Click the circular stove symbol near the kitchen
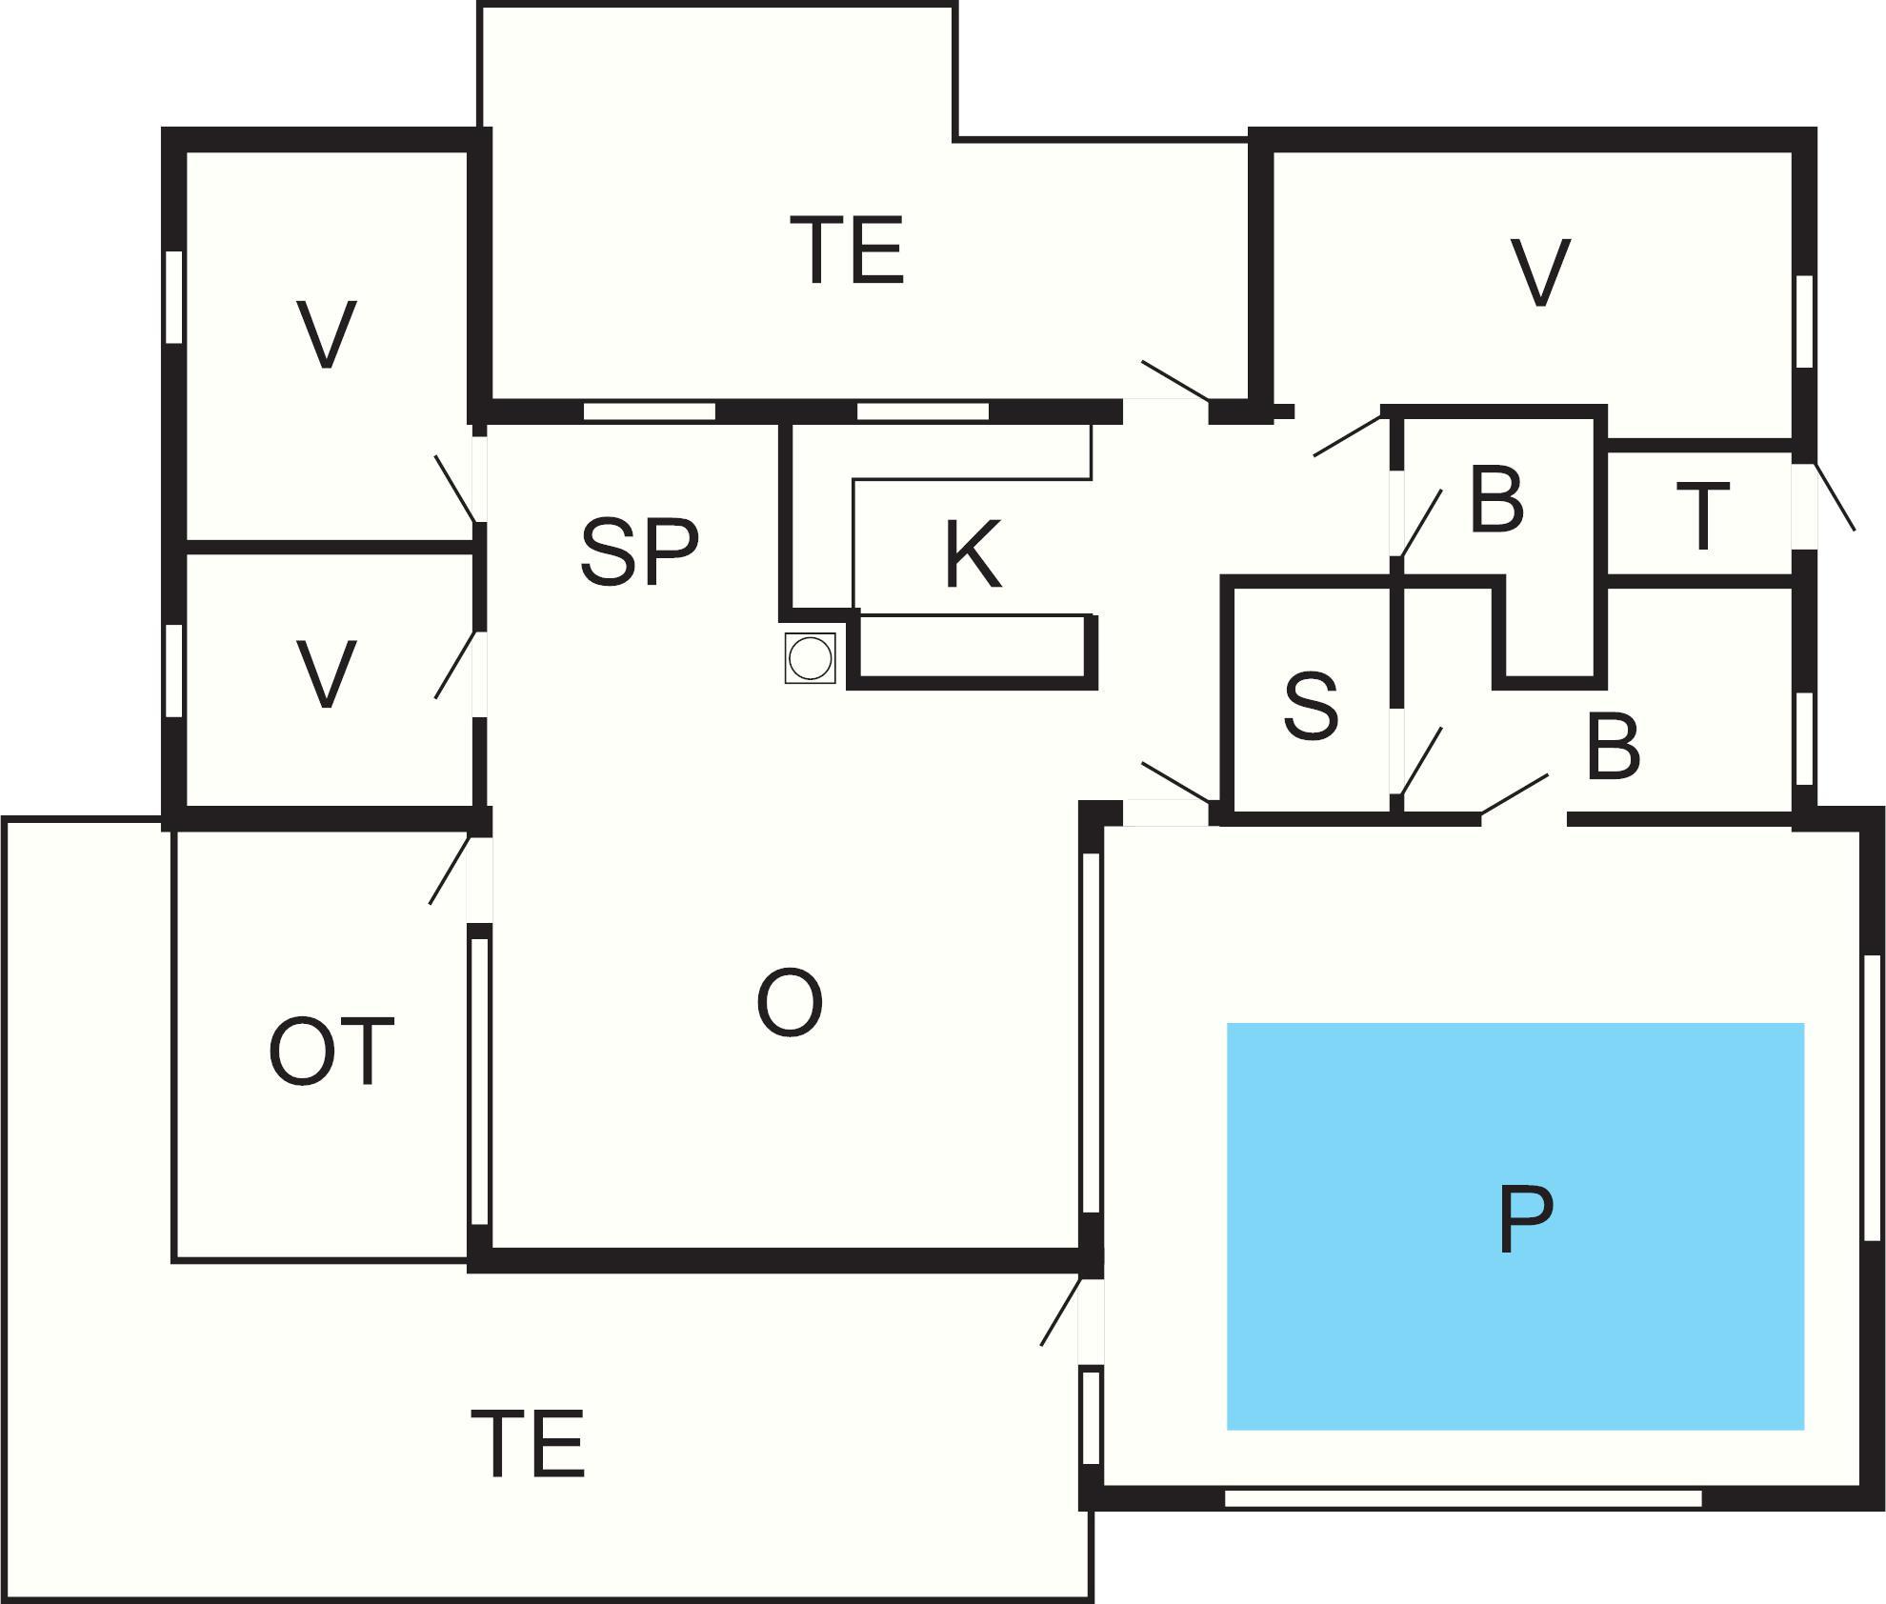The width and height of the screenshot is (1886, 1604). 811,658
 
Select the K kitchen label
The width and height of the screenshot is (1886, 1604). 973,555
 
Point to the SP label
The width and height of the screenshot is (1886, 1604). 639,551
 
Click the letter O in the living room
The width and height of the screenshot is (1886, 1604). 789,1004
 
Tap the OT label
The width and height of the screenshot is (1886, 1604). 331,1053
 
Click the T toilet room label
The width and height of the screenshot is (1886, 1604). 1703,517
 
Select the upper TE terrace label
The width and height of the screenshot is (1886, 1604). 847,251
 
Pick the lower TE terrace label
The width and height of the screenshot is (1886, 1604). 528,1444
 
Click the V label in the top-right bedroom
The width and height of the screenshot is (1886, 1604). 1540,274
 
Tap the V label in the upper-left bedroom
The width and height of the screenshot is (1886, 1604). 327,334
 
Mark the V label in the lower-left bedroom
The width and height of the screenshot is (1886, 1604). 327,674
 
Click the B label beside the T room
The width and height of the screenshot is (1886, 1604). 1496,499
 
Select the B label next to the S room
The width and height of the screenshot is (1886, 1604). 1613,746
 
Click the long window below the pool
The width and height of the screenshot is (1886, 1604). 1462,1498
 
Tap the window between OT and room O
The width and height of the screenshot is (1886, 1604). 480,1081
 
